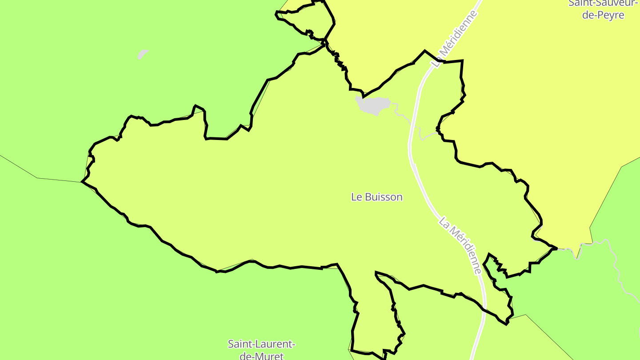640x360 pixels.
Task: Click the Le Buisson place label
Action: click(376, 197)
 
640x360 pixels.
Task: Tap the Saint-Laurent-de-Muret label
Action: click(261, 349)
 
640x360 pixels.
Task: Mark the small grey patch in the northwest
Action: click(142, 54)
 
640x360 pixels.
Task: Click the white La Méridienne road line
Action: click(411, 133)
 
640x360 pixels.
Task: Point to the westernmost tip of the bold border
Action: click(82, 182)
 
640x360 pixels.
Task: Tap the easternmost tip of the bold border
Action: click(556, 248)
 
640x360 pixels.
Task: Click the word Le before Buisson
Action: click(356, 197)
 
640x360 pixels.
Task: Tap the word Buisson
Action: click(383, 197)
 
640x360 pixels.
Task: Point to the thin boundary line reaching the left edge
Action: click(18, 167)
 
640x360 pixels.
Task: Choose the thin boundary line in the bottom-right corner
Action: click(551, 338)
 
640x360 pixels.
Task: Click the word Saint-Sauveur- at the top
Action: click(603, 3)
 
